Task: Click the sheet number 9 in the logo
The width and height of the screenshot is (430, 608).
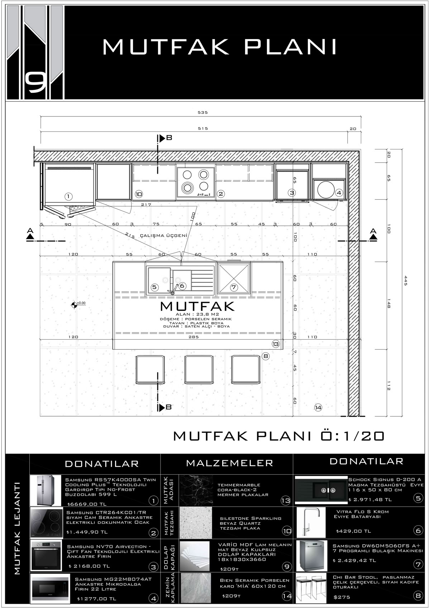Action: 35,84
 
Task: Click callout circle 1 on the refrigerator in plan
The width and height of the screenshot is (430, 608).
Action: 68,196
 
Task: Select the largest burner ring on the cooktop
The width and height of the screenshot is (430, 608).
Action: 187,187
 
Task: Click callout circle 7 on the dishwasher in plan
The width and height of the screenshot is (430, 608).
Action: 233,287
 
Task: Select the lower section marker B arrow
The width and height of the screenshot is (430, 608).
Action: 162,407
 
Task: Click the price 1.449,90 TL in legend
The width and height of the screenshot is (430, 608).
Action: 87,532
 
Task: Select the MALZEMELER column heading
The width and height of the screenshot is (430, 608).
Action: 229,463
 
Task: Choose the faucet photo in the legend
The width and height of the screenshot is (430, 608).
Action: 311,522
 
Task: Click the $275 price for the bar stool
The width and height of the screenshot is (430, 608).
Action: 342,597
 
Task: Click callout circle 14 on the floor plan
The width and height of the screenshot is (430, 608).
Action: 318,407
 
